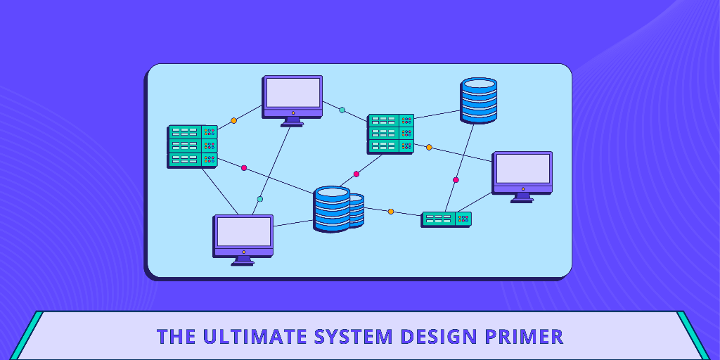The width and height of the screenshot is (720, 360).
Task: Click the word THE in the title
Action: coord(176,336)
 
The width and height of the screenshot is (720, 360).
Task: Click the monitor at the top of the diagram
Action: coord(292,98)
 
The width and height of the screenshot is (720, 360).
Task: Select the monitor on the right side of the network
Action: coord(522,174)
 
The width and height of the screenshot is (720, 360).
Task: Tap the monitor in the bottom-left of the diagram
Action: coord(243,237)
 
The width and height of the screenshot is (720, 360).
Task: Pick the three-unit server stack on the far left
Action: coord(192,146)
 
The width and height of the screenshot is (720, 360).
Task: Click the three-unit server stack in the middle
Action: coord(390,133)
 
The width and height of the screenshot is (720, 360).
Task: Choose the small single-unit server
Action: coord(446,219)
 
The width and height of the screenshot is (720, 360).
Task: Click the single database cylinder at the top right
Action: coord(479,100)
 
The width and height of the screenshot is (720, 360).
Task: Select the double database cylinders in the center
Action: coord(337,209)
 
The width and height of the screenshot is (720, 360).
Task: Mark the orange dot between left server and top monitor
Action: coord(234,120)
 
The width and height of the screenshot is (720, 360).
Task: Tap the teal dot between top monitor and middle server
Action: coord(342,110)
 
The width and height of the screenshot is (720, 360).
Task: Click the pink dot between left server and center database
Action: coord(244,168)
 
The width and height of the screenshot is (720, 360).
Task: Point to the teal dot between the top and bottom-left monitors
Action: coord(260,199)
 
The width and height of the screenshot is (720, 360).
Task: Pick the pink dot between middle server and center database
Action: coord(356,174)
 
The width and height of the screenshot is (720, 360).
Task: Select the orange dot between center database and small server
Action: coord(391,211)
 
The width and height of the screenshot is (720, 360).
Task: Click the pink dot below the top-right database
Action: coord(456,180)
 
